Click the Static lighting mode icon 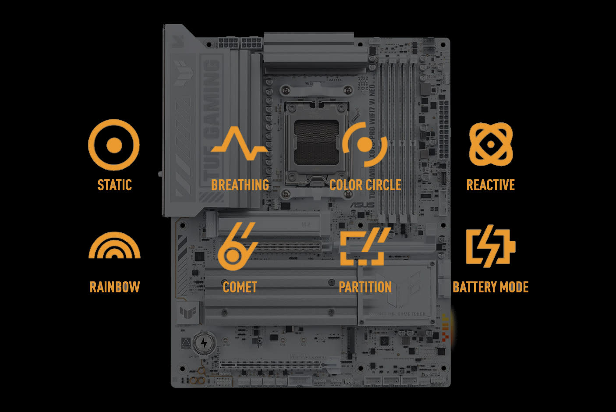pos(114,145)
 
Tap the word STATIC pos(114,185)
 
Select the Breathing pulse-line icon pos(239,144)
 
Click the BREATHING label pos(240,185)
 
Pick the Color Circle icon pos(365,144)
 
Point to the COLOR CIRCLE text pos(365,185)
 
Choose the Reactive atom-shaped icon pos(491,144)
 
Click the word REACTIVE pos(490,185)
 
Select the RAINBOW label pos(114,287)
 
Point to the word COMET pos(240,287)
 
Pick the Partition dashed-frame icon pos(365,246)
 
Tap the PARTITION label pos(365,287)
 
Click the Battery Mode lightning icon pos(490,246)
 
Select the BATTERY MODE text pos(490,287)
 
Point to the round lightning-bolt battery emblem pos(204,343)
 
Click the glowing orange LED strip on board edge pos(446,328)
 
